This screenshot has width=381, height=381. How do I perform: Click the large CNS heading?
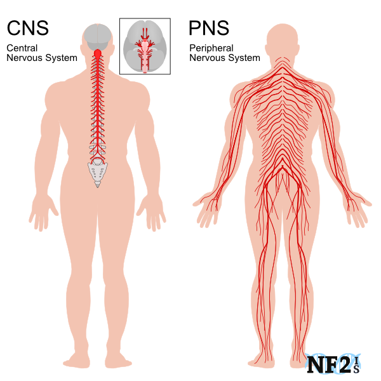(28, 28)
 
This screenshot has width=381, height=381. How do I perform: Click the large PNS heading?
(209, 28)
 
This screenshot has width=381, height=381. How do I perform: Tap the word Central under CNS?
(22, 48)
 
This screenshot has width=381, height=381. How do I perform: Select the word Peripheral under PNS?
(211, 48)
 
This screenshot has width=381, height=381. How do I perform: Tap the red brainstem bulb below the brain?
(97, 53)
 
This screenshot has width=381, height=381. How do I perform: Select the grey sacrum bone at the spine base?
(98, 173)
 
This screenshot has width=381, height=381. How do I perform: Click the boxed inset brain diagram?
(145, 46)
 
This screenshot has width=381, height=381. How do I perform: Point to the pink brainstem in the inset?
(145, 55)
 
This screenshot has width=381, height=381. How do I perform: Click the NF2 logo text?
(333, 364)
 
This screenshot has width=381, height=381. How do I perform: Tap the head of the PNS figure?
(283, 40)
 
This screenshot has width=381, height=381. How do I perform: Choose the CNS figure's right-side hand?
(152, 212)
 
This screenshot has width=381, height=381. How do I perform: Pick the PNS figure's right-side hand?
(358, 208)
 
